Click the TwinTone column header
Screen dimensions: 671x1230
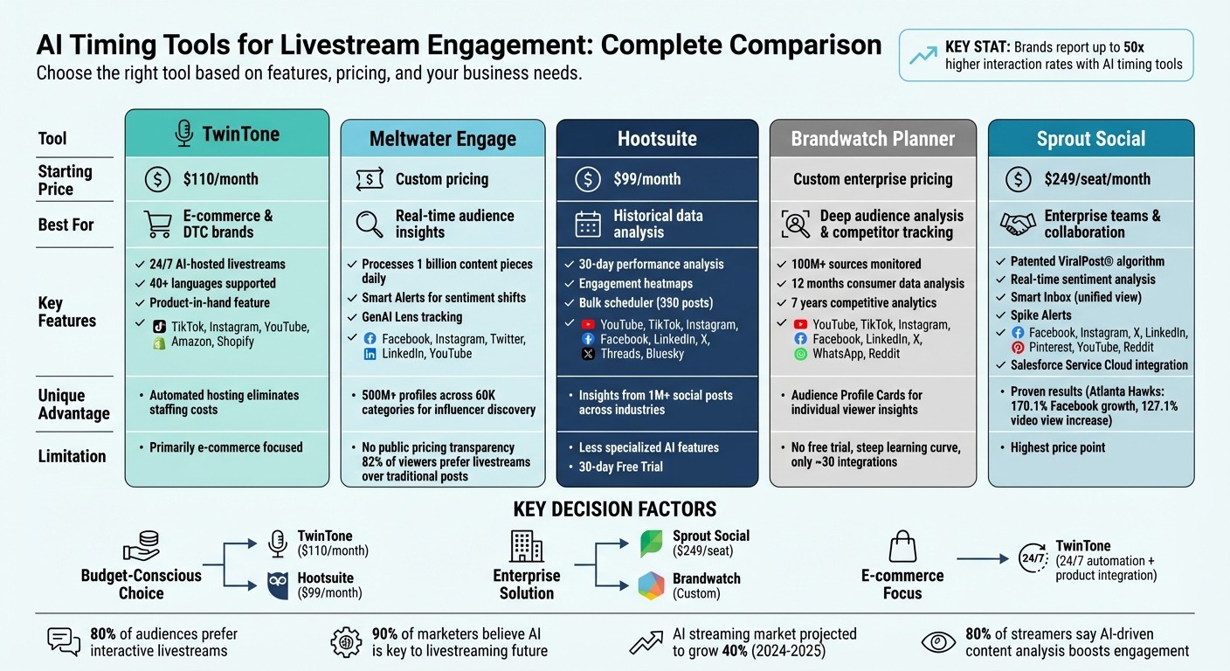click(227, 134)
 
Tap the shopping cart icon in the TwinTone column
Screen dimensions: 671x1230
click(157, 225)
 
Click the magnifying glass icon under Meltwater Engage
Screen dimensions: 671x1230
click(370, 225)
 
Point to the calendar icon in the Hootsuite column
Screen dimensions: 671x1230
click(588, 225)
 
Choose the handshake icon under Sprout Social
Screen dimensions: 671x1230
click(1018, 225)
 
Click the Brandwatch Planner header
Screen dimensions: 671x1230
click(873, 139)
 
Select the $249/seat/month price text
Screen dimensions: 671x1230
click(1097, 179)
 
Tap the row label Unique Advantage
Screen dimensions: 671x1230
click(74, 404)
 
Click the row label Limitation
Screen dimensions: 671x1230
click(72, 456)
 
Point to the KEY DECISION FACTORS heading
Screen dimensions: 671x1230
click(614, 509)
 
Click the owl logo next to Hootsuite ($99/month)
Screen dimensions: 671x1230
click(278, 585)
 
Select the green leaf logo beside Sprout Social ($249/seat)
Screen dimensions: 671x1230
click(652, 543)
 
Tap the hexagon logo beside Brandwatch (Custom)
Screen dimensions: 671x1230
click(651, 586)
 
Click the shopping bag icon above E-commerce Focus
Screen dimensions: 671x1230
click(902, 548)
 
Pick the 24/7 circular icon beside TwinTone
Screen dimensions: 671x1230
click(1033, 559)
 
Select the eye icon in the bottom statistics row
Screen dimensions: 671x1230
click(939, 642)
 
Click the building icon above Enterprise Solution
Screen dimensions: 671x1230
click(526, 547)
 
